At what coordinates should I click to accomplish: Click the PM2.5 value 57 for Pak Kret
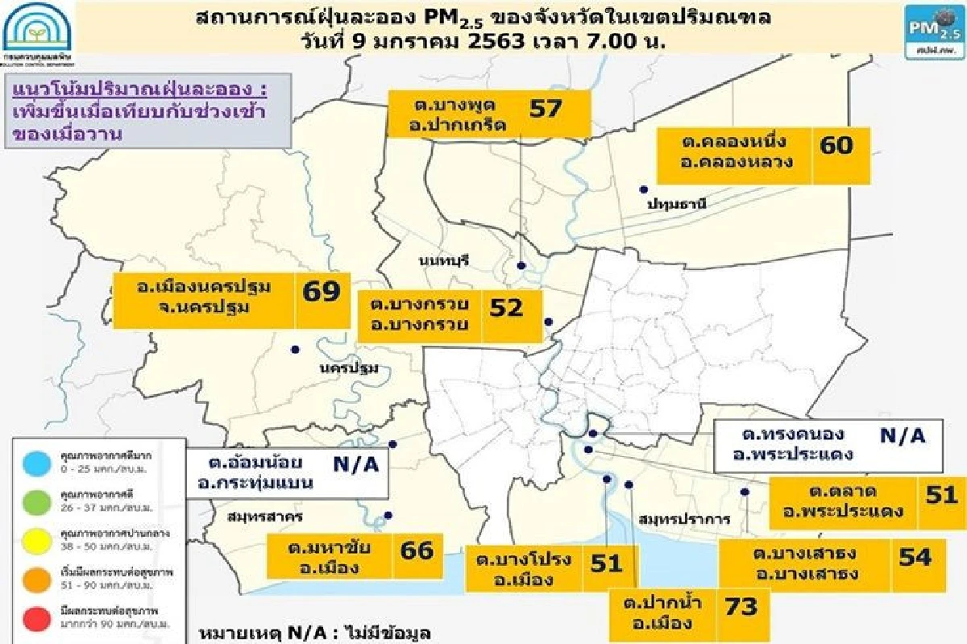[545, 109]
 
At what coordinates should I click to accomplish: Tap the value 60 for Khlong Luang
[836, 145]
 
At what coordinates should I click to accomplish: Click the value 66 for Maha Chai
[416, 551]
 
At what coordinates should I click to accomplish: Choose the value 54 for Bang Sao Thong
[914, 557]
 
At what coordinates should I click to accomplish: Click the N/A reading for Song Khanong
[903, 436]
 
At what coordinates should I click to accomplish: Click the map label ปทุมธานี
[676, 205]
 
